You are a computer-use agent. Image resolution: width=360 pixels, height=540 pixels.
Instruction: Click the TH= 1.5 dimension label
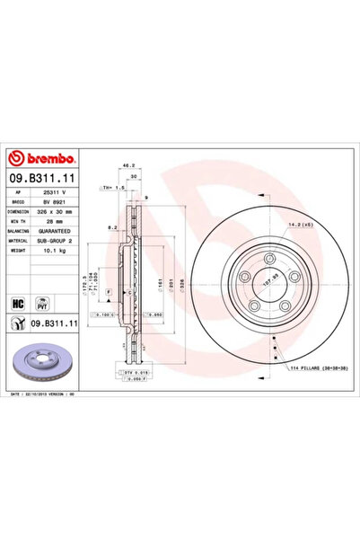click(x=112, y=188)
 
